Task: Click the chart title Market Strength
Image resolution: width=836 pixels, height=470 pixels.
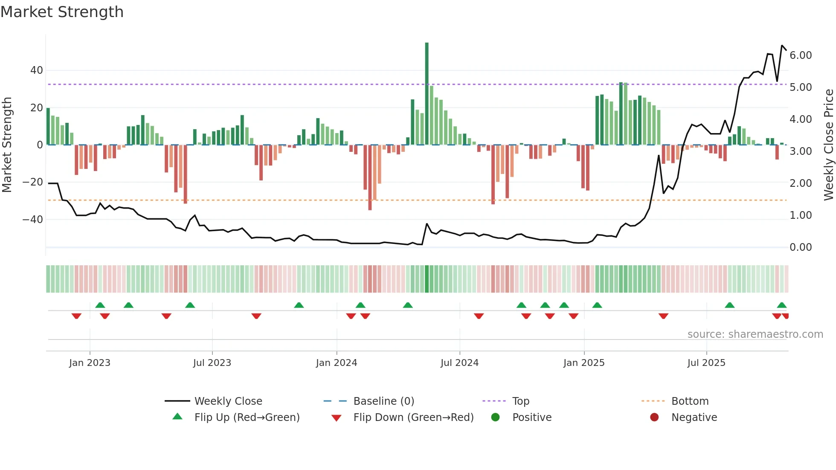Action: pyautogui.click(x=62, y=12)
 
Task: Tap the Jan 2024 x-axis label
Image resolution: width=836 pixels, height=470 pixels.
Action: pyautogui.click(x=336, y=363)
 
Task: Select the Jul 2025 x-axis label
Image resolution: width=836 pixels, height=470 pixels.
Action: pyautogui.click(x=706, y=363)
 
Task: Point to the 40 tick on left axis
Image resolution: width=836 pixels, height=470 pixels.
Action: pyautogui.click(x=37, y=70)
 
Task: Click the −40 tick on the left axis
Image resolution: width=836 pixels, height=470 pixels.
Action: pyautogui.click(x=33, y=220)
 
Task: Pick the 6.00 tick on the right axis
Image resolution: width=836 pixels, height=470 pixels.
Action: pyautogui.click(x=800, y=55)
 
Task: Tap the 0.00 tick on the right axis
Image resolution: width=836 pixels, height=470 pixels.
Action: pyautogui.click(x=800, y=247)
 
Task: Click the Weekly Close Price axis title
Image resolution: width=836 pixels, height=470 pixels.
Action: pyautogui.click(x=828, y=145)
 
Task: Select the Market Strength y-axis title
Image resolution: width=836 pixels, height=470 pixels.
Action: pyautogui.click(x=7, y=145)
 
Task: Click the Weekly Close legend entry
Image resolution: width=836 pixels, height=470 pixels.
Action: pyautogui.click(x=228, y=401)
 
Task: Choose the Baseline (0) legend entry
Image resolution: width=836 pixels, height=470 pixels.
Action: pyautogui.click(x=383, y=401)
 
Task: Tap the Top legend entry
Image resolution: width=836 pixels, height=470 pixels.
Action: pyautogui.click(x=520, y=401)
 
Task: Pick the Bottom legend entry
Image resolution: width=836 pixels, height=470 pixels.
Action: pyautogui.click(x=690, y=401)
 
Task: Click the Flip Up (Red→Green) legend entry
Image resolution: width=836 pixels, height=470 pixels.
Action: pyautogui.click(x=247, y=418)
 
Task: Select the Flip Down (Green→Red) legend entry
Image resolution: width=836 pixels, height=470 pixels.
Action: pyautogui.click(x=413, y=418)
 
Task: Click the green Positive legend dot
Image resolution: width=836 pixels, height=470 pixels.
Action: pyautogui.click(x=495, y=418)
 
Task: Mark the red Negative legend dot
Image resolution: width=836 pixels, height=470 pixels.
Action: pyautogui.click(x=654, y=418)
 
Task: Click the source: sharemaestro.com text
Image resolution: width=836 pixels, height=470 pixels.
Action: pyautogui.click(x=755, y=334)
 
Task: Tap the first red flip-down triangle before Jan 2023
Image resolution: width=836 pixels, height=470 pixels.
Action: pyautogui.click(x=76, y=316)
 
